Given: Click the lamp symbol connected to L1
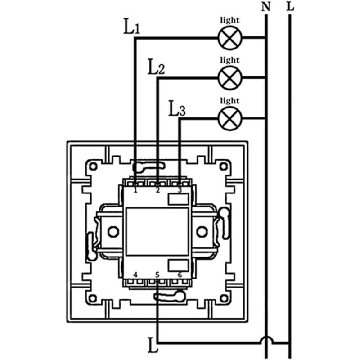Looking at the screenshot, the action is click(x=230, y=38).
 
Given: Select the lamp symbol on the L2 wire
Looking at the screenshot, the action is click(x=230, y=78).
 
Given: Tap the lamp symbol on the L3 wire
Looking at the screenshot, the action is click(x=230, y=118).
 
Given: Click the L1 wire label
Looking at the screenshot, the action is click(x=132, y=27).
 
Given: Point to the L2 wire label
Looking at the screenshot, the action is click(x=156, y=67).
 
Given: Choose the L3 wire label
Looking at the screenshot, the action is click(x=177, y=108).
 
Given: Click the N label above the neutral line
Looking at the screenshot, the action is click(x=266, y=7).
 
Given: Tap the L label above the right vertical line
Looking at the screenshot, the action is click(x=290, y=6).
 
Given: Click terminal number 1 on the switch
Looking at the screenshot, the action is click(x=135, y=190).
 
